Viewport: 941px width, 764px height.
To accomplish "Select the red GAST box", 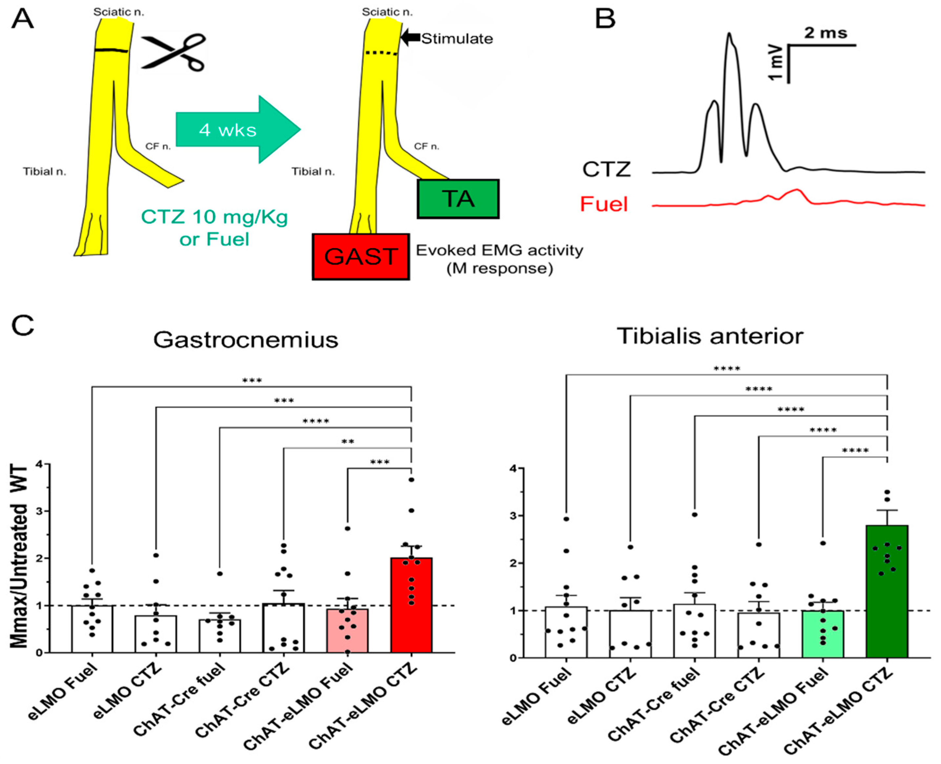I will click(x=361, y=257).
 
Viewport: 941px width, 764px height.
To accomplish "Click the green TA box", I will click(x=458, y=199).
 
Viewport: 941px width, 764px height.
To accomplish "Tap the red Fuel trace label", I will click(x=604, y=204).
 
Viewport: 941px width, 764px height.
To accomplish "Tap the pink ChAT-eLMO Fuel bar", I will click(x=347, y=630).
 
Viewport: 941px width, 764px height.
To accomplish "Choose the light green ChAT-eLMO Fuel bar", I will click(x=823, y=634).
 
